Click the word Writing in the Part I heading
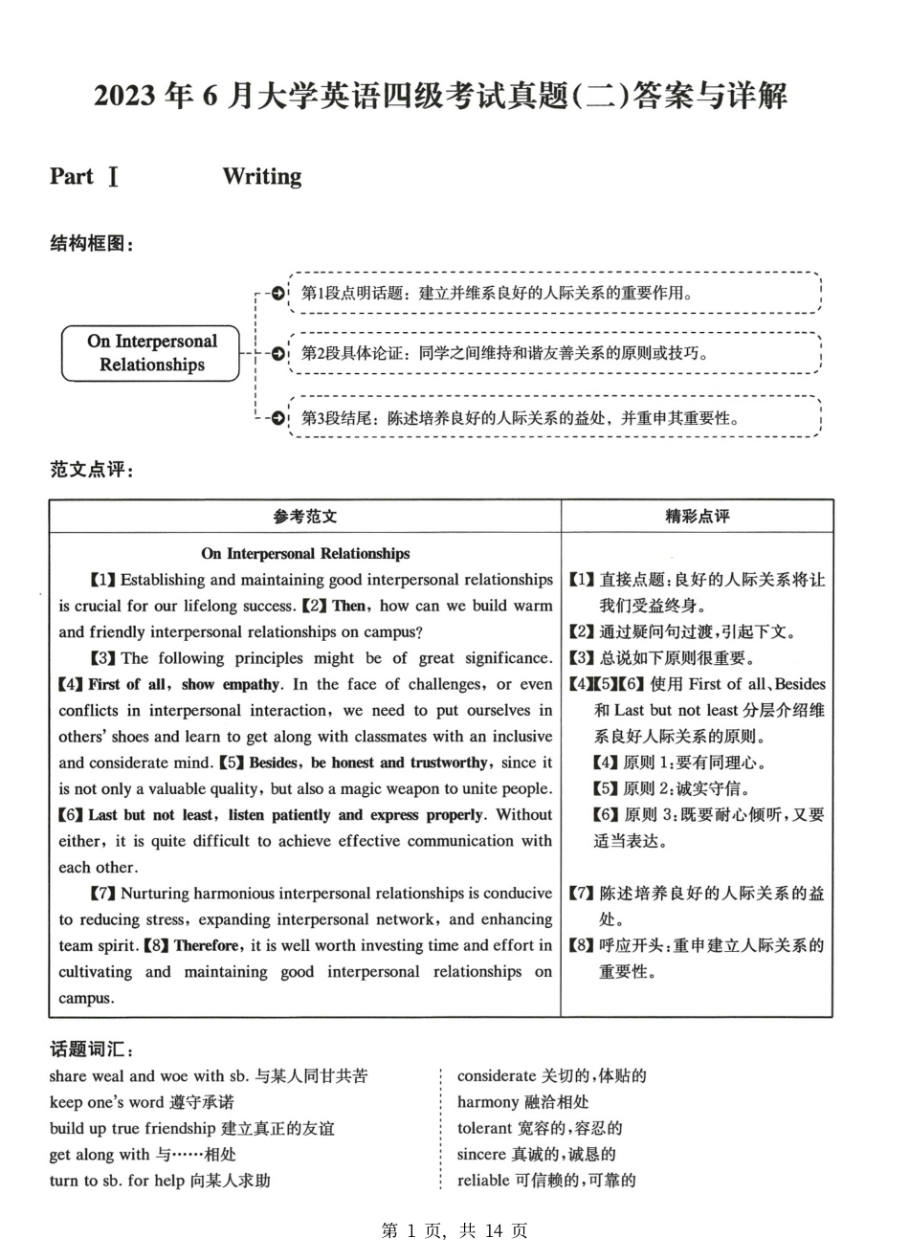tap(261, 176)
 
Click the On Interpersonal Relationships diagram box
tap(151, 353)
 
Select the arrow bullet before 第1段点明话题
tap(277, 294)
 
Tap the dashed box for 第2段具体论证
tap(555, 353)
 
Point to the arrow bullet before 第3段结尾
tap(277, 418)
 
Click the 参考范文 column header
tap(305, 517)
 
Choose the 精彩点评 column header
tap(697, 517)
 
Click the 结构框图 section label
tap(92, 244)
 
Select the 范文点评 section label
tap(92, 470)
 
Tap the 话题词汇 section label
tap(92, 1050)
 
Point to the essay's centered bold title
tap(305, 553)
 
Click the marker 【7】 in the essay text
tap(103, 894)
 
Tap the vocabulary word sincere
tap(484, 1155)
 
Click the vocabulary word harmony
tap(488, 1102)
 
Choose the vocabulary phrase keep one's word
tap(106, 1102)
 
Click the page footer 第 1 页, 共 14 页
tap(454, 1231)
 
